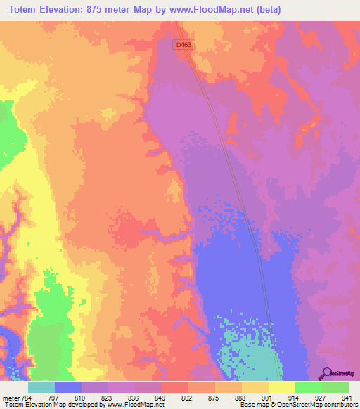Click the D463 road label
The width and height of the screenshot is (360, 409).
coord(184,44)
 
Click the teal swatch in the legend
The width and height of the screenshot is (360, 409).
coord(41,388)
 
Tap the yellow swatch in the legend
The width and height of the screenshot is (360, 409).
coord(281,388)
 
